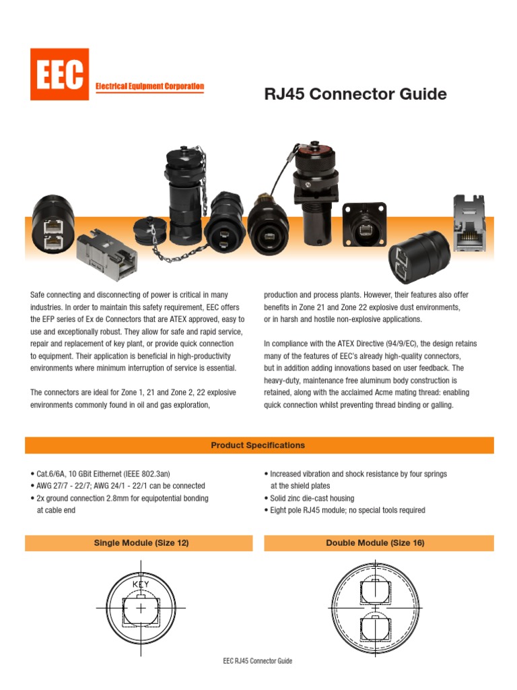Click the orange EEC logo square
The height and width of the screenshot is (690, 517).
coord(59,74)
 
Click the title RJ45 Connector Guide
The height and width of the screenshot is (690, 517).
coord(355,94)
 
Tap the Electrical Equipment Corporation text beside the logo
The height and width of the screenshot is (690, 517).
coord(149,87)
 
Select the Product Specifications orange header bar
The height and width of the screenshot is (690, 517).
coord(258,445)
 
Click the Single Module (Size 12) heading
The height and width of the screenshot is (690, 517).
coord(141,543)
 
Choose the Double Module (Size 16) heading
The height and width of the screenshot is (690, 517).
coord(375,543)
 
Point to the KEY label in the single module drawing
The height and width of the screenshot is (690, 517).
coord(141,584)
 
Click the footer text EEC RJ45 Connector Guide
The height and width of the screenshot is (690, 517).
coord(258,661)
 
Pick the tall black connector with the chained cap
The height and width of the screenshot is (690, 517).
coord(182,195)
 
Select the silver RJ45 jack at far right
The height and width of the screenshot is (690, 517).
coord(474,226)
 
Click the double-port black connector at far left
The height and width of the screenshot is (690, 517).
coord(52,222)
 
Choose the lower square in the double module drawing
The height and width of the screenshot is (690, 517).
coord(375,629)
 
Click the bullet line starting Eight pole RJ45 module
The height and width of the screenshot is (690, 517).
coord(345,510)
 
